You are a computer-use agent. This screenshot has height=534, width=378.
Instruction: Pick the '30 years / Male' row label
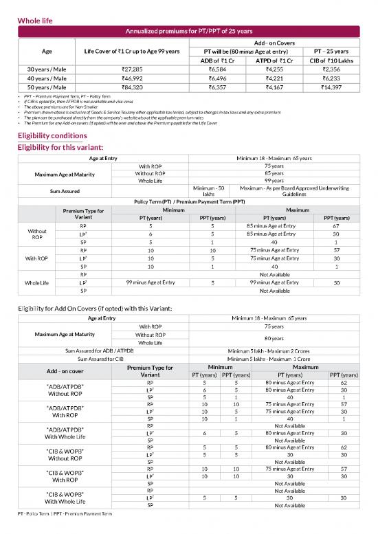click(x=47, y=69)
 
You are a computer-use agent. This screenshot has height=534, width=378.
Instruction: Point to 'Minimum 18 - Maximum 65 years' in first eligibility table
click(x=274, y=159)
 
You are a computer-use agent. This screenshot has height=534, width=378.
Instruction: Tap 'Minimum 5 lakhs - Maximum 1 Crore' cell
click(x=274, y=358)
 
